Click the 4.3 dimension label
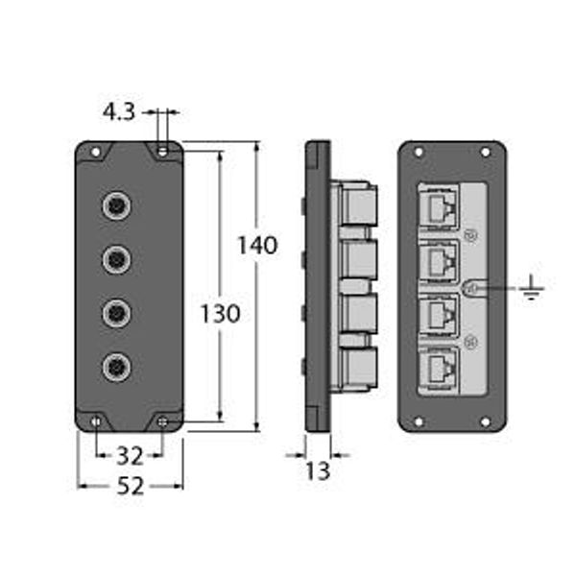pos(120,113)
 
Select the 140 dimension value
pos(257,245)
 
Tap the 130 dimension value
pos(220,313)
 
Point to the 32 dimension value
pos(130,454)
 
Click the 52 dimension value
pos(130,486)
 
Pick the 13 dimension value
pos(317,470)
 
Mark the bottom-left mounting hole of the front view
pos(96,421)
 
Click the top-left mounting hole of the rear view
pos(419,151)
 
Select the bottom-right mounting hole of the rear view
pos(485,421)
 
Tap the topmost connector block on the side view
pos(356,204)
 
